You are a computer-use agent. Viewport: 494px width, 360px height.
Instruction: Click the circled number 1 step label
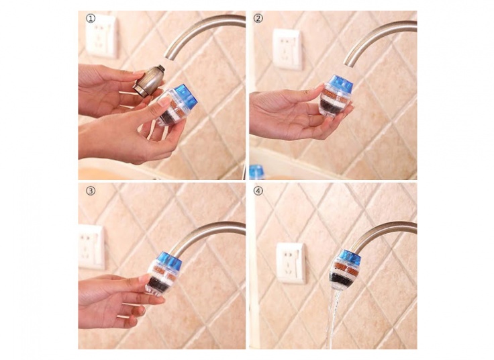coord(91,19)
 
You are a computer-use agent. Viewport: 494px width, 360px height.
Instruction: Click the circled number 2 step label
coord(258,19)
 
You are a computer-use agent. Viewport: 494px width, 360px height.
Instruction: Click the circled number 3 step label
coord(91,191)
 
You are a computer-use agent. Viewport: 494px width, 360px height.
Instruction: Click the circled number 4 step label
coord(258,191)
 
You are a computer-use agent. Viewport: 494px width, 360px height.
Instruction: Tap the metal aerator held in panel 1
coord(149,81)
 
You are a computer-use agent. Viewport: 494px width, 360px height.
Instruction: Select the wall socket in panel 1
coord(102,36)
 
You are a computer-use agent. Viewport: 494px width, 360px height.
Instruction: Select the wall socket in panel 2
coord(287,49)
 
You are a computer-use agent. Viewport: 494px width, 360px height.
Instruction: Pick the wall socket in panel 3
coord(91,247)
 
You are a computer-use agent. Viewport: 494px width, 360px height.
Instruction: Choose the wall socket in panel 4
coord(291,263)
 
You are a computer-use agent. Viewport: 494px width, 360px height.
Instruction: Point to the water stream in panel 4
coord(334,318)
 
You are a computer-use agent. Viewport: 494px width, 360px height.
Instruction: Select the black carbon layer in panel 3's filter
coord(158,284)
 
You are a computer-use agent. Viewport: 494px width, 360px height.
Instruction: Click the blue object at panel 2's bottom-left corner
coord(257,172)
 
